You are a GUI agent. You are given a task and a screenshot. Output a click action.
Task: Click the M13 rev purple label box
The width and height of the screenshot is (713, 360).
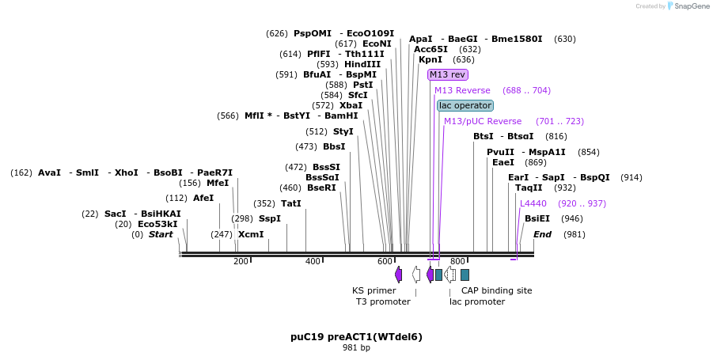pyautogui.click(x=447, y=74)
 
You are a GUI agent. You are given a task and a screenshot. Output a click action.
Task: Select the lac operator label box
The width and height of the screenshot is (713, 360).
pyautogui.click(x=465, y=105)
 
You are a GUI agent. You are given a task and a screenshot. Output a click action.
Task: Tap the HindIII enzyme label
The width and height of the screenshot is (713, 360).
pyautogui.click(x=362, y=64)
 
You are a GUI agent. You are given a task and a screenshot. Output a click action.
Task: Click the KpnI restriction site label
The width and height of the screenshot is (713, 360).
pyautogui.click(x=430, y=59)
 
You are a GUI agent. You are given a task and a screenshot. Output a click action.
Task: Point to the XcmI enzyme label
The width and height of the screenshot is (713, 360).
pyautogui.click(x=251, y=234)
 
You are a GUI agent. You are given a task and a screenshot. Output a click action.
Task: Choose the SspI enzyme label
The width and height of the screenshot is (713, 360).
pyautogui.click(x=270, y=218)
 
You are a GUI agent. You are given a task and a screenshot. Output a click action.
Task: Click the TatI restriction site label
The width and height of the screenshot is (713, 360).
pyautogui.click(x=291, y=203)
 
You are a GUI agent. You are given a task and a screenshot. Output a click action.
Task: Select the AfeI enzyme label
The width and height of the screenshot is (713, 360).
pyautogui.click(x=203, y=198)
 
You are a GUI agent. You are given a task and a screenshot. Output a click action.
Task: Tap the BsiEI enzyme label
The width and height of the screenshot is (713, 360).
pyautogui.click(x=537, y=218)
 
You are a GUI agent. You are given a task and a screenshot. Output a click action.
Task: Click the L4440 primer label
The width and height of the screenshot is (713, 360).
pyautogui.click(x=533, y=203)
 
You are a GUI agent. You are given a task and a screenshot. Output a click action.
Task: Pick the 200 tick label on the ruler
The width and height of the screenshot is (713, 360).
pyautogui.click(x=241, y=261)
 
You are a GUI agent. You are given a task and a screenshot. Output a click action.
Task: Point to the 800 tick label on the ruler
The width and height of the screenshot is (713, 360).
pyautogui.click(x=457, y=261)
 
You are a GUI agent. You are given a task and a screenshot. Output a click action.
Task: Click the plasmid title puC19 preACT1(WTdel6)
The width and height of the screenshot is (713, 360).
pyautogui.click(x=356, y=336)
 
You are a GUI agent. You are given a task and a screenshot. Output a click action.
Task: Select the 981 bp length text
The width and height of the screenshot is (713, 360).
pyautogui.click(x=356, y=347)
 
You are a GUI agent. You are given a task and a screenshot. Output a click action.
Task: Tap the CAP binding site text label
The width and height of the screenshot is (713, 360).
pyautogui.click(x=497, y=290)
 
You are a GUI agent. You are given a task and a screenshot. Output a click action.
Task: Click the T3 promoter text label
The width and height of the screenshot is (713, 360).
pyautogui.click(x=383, y=301)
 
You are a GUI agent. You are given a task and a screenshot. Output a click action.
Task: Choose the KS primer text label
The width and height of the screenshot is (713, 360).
pyautogui.click(x=374, y=290)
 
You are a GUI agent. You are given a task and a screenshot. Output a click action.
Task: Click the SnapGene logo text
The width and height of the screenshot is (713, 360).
pyautogui.click(x=690, y=6)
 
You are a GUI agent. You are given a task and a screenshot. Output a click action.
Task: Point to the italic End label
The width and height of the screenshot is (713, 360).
pyautogui.click(x=542, y=234)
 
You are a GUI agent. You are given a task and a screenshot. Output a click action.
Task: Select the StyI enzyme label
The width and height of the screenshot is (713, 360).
pyautogui.click(x=343, y=131)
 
